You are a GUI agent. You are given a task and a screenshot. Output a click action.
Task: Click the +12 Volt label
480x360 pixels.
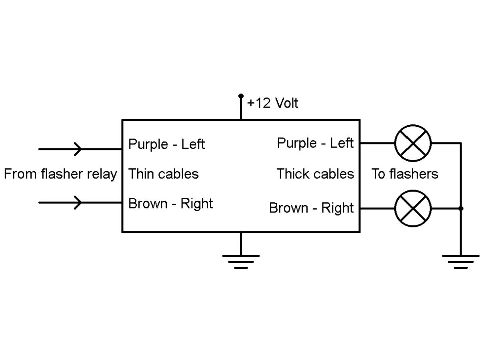click(x=272, y=103)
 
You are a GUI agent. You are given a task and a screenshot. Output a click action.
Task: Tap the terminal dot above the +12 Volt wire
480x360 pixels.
click(x=241, y=96)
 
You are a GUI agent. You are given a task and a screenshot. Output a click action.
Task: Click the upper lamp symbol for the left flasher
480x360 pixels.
click(x=413, y=143)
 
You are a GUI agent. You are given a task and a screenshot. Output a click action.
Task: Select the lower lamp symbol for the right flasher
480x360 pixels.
click(x=413, y=208)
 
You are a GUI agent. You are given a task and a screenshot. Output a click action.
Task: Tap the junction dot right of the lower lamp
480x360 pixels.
click(x=461, y=208)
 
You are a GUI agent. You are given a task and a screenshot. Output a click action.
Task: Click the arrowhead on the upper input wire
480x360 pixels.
click(x=78, y=149)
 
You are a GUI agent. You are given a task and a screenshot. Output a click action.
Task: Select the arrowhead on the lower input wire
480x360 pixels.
click(x=78, y=202)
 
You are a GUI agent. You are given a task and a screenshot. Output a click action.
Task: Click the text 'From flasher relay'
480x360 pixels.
click(x=60, y=174)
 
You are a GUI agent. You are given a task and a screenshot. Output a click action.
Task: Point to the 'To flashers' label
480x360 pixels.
click(x=405, y=174)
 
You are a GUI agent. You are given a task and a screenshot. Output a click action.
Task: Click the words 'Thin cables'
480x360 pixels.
click(x=163, y=174)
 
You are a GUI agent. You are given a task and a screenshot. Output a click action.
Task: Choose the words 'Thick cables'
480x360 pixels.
click(x=315, y=174)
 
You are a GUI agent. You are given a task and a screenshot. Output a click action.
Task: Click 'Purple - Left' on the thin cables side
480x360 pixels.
click(x=166, y=144)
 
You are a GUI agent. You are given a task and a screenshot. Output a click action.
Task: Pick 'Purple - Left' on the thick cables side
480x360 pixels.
click(x=315, y=143)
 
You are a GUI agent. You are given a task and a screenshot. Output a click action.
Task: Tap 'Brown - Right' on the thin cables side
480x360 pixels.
click(x=170, y=204)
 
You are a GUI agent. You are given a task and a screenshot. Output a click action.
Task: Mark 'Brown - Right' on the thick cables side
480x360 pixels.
click(x=311, y=208)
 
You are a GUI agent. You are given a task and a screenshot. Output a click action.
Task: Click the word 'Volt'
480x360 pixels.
click(x=286, y=103)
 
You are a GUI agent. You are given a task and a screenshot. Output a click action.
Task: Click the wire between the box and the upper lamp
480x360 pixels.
click(x=377, y=143)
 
